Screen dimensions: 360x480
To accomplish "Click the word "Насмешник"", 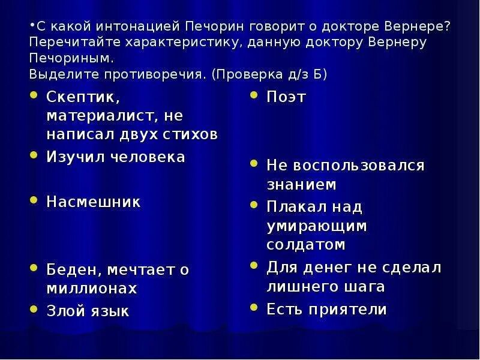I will pos(94,202).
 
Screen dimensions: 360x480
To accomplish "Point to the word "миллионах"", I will pos(92,288).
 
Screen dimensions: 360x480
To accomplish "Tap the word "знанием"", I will pos(301,184).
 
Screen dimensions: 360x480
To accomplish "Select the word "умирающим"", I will pos(317,226).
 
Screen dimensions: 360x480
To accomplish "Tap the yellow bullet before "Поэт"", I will pos(255,95).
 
